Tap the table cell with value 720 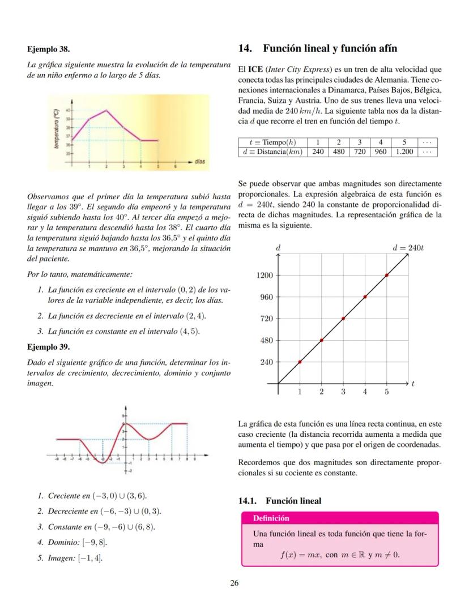(x=359, y=152)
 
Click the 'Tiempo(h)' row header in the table (x=272, y=142)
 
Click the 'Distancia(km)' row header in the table (x=272, y=152)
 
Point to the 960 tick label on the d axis (x=266, y=297)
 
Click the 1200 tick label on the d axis (x=265, y=276)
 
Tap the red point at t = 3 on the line (x=343, y=319)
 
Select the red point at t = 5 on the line (x=387, y=275)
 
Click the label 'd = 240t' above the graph (x=408, y=248)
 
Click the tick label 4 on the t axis (x=365, y=392)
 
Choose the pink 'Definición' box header (x=271, y=518)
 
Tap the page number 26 (x=234, y=583)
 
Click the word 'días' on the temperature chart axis (x=199, y=161)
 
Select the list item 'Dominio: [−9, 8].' (x=78, y=542)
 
